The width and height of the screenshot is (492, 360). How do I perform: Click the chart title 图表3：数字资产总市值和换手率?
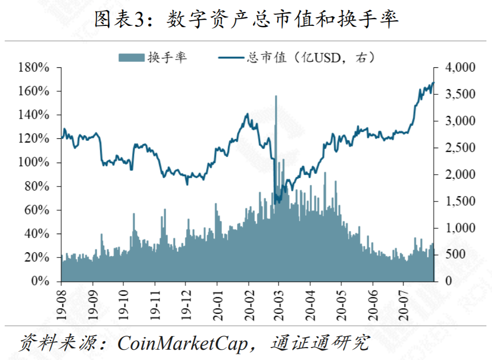point(246,20)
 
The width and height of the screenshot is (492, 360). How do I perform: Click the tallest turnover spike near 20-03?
point(276,97)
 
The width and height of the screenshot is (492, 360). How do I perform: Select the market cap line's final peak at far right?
point(433,82)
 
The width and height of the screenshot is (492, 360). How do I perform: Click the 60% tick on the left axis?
point(36,210)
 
